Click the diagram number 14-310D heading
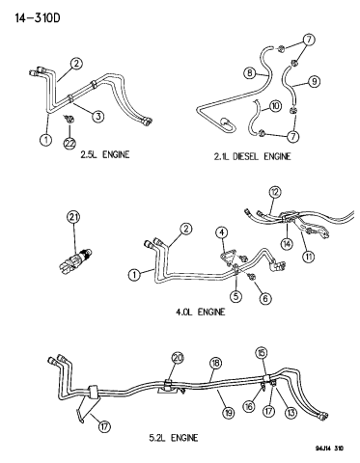38,18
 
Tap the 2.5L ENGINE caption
105,154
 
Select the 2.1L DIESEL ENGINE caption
252,156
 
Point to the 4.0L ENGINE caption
200,312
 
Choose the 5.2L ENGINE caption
174,438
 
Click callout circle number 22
69,143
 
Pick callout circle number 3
98,116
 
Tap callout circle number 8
250,73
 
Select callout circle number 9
314,81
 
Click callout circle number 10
275,106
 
